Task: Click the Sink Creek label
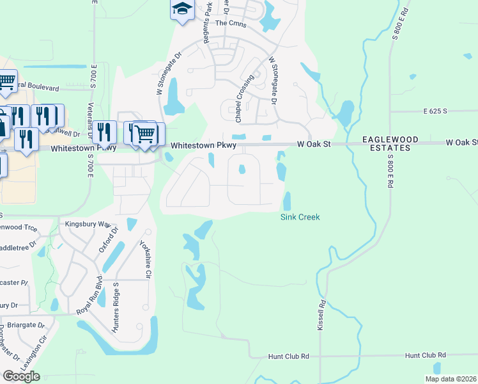300,217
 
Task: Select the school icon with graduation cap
182,10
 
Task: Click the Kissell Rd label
321,315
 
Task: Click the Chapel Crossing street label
241,98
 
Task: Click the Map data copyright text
450,379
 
